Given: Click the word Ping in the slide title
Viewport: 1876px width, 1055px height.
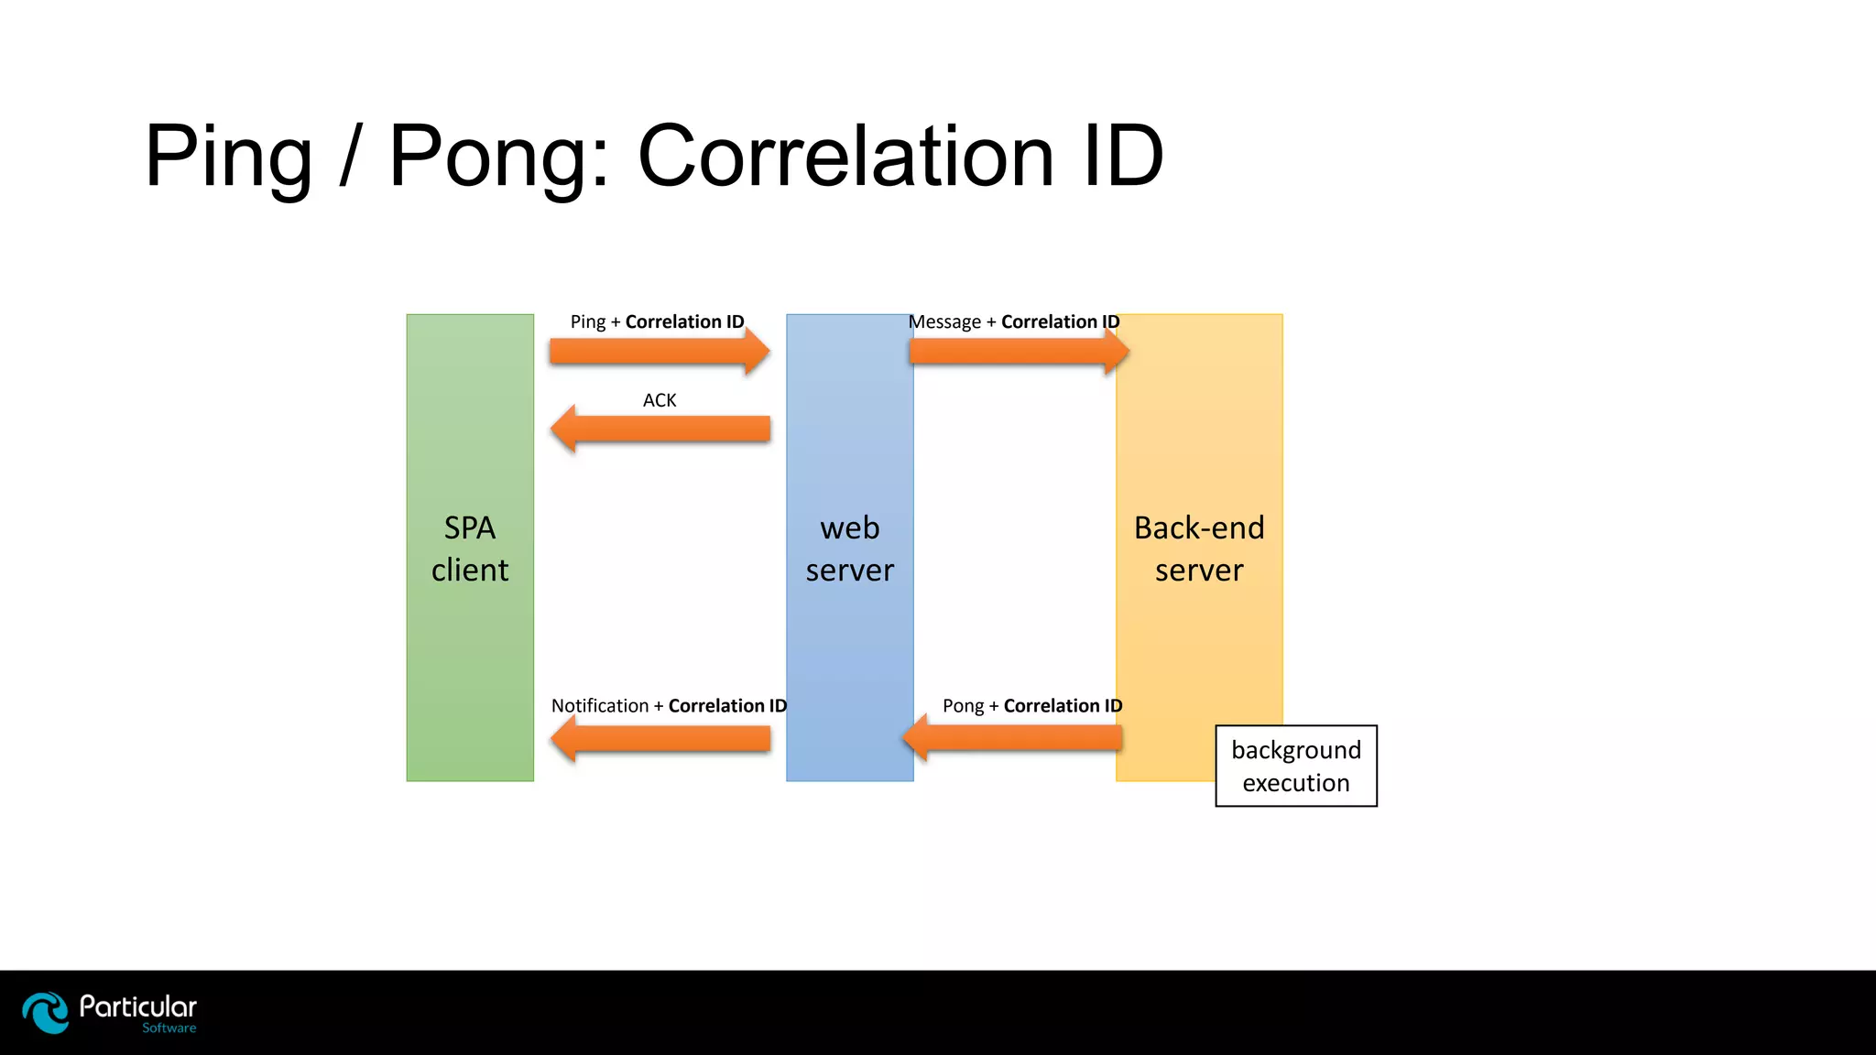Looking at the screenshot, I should [228, 158].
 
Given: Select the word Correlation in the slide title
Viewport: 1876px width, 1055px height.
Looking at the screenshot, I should [845, 158].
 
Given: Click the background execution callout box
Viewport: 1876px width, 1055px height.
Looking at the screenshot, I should [1296, 767].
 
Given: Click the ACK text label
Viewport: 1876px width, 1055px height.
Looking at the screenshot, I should [660, 400].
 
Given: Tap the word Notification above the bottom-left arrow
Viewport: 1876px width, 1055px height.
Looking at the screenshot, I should [600, 706].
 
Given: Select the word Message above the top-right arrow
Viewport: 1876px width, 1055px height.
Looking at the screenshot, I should [945, 322].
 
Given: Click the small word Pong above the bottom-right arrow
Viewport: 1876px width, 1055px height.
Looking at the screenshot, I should [963, 706].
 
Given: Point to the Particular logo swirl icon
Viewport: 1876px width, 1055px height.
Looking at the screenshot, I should [46, 1013].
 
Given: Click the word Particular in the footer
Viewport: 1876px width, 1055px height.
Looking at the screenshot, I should [138, 1007].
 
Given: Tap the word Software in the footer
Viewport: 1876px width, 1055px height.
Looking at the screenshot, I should [169, 1028].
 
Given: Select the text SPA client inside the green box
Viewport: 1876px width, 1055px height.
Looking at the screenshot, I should [470, 549].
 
